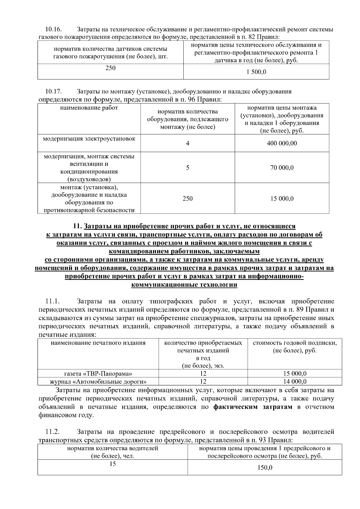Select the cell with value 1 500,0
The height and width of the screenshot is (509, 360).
(256, 72)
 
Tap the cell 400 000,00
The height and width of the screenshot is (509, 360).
(282, 143)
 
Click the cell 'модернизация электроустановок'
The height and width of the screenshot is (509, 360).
(89, 139)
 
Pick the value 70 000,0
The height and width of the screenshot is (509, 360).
(282, 168)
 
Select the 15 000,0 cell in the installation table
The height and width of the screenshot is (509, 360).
(282, 199)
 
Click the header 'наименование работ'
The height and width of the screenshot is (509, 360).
(89, 108)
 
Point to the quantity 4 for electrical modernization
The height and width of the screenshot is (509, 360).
(187, 143)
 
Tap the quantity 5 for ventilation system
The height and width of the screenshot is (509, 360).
(187, 168)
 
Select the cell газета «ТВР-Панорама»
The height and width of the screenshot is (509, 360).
(98, 373)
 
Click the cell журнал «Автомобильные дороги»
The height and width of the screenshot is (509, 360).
(98, 382)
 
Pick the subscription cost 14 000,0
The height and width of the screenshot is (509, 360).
(295, 382)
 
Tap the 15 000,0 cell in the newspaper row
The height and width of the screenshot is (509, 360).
(295, 373)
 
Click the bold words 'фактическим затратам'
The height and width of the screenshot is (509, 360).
(253, 407)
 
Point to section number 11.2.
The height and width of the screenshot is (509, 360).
(52, 432)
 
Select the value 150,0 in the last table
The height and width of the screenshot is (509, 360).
(265, 468)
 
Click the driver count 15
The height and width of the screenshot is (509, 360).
(112, 464)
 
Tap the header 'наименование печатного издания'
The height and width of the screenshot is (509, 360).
(98, 343)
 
